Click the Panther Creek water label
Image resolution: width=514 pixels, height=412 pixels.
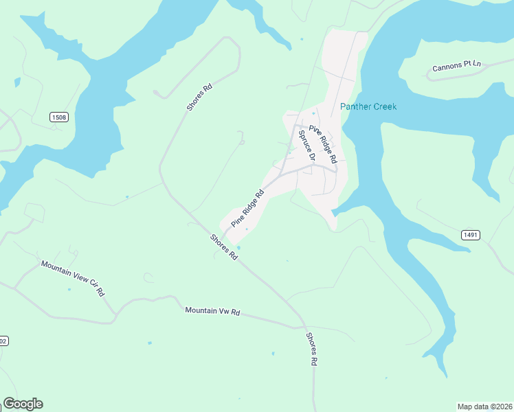[368, 106]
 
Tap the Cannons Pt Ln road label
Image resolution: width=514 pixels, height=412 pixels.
[456, 66]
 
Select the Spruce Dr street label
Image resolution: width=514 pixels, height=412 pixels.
[306, 146]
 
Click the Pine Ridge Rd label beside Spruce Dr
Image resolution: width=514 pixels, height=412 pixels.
[323, 144]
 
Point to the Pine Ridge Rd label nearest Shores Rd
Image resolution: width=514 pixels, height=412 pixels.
[247, 209]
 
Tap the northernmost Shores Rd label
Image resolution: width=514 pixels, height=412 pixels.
[199, 98]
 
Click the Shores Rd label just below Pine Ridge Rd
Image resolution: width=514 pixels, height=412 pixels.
[224, 247]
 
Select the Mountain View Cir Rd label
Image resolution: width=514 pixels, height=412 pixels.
[72, 277]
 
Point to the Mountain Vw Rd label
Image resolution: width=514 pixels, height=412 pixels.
[212, 311]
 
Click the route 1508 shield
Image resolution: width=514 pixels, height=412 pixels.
[59, 117]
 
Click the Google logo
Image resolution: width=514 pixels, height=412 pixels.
[23, 404]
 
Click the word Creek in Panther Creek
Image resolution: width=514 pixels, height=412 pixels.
[384, 106]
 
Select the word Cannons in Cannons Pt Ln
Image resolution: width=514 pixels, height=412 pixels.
[447, 67]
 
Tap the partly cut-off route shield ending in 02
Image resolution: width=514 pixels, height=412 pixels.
[3, 341]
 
